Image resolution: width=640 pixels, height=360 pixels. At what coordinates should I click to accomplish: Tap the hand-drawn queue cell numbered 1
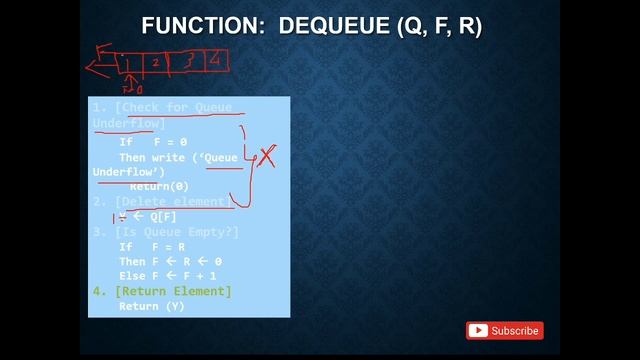tap(130, 63)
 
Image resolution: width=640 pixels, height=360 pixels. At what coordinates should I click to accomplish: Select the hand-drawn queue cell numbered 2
tap(157, 62)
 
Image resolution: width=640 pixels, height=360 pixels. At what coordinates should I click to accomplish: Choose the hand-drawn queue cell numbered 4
tap(214, 60)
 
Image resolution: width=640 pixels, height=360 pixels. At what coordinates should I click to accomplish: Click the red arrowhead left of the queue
tap(94, 68)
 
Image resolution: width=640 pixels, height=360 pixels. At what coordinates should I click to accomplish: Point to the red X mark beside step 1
tap(267, 156)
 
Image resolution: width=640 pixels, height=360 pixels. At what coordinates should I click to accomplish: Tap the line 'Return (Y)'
tap(151, 306)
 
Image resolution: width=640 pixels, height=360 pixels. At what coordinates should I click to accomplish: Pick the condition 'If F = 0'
tap(153, 142)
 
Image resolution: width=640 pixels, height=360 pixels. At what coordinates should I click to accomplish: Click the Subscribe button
tap(505, 330)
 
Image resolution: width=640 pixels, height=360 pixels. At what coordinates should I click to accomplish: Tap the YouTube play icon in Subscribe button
tap(479, 330)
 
